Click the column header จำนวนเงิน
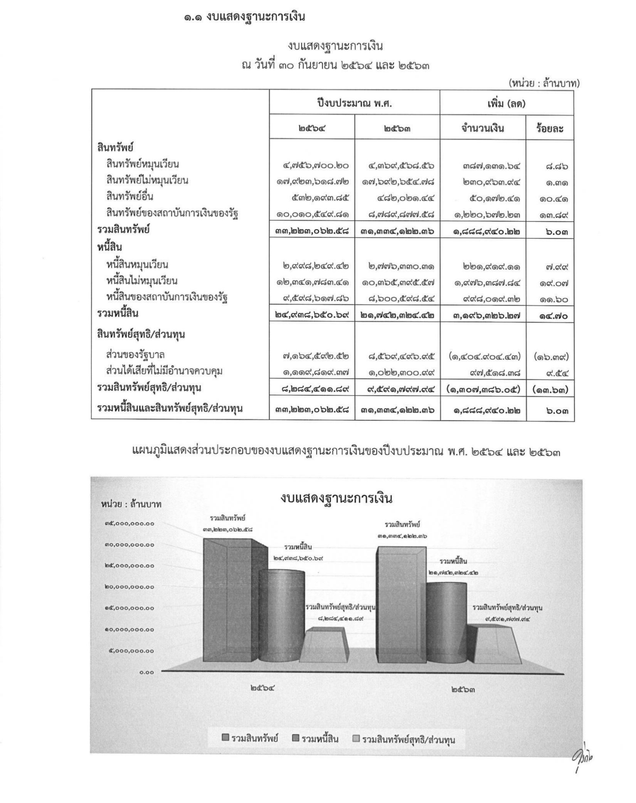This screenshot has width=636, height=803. click(x=483, y=129)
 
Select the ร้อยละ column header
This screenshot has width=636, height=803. click(x=550, y=129)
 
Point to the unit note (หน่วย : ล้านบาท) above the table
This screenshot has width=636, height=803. click(x=544, y=84)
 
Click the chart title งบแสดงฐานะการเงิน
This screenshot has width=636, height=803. click(x=336, y=498)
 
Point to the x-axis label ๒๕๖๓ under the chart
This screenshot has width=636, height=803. click(x=463, y=690)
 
